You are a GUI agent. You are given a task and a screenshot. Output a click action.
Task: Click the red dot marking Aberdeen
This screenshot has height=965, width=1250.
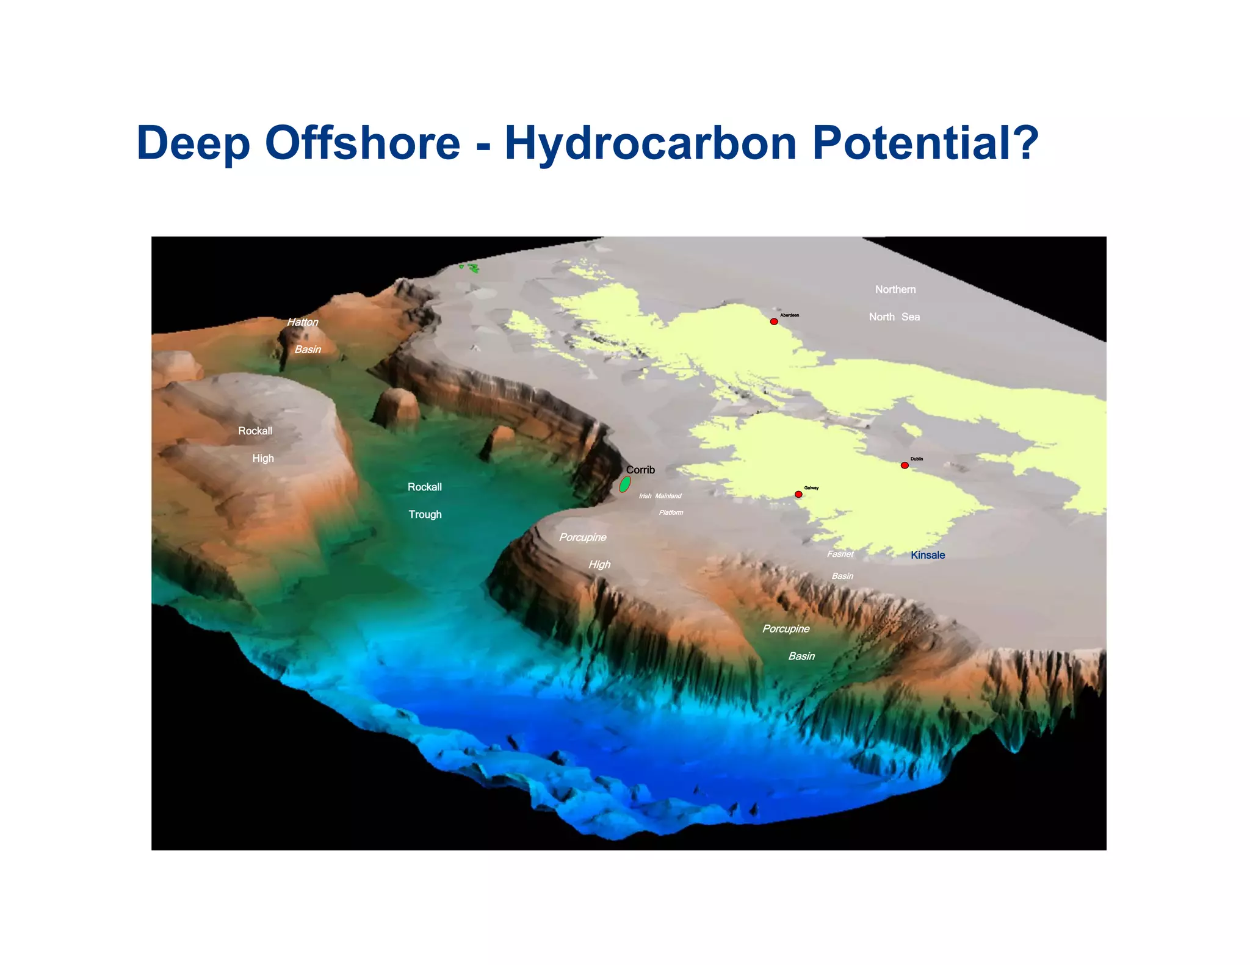point(774,321)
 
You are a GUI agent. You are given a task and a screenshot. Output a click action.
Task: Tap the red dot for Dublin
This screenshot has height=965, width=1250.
point(905,465)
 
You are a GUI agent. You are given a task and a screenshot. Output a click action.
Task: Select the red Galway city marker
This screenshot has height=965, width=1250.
point(798,494)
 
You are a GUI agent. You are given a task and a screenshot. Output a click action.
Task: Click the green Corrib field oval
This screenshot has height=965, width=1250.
point(624,484)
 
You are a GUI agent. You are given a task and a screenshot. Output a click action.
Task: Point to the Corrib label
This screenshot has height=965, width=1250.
point(640,470)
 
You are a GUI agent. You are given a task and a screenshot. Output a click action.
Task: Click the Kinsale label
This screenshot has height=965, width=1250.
point(928,555)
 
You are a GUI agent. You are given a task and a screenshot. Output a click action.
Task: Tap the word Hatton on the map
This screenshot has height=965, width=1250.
point(303,322)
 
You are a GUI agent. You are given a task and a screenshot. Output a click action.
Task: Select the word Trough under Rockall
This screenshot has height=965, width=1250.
point(425,514)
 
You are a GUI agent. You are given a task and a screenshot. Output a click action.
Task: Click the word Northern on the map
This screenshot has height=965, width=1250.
point(895,290)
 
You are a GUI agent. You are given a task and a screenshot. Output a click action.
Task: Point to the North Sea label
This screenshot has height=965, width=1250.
point(894,317)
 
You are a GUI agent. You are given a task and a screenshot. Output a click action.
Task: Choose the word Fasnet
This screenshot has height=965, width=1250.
point(840,554)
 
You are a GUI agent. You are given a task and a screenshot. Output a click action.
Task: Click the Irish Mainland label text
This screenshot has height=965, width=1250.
point(660,496)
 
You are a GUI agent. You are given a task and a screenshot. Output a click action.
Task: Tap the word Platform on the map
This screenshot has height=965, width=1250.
point(671,512)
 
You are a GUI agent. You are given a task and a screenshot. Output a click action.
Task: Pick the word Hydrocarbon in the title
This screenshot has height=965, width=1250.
point(651,143)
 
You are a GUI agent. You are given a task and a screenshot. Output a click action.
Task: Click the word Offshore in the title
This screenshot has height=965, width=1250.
point(362,143)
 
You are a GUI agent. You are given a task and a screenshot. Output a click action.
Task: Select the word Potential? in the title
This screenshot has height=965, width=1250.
point(925,143)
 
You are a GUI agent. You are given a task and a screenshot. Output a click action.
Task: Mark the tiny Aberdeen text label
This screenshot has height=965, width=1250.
point(789,315)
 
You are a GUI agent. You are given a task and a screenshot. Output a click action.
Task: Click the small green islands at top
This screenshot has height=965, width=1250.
point(470,267)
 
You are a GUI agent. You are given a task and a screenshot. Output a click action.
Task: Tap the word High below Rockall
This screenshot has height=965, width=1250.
point(263,458)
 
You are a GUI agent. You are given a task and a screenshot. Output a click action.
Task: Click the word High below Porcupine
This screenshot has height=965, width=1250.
point(599,565)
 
